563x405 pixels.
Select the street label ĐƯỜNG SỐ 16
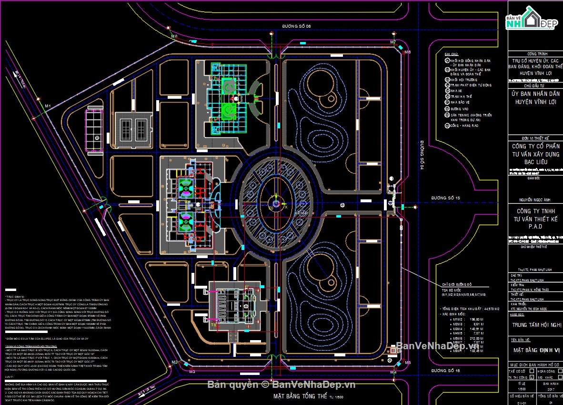click(445, 371)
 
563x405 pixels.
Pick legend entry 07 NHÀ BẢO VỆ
click(459, 103)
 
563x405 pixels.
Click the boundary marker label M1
click(48, 105)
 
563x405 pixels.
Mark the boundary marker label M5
click(408, 363)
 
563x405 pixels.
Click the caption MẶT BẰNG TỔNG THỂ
click(300, 396)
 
